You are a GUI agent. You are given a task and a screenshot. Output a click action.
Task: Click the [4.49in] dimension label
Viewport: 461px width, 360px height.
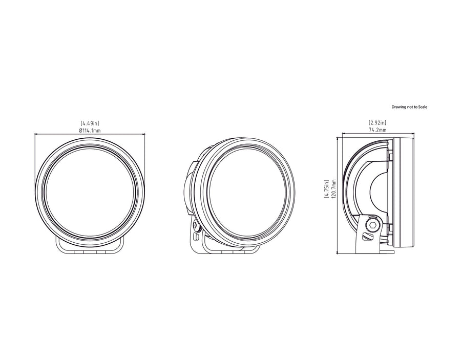pyautogui.click(x=90, y=123)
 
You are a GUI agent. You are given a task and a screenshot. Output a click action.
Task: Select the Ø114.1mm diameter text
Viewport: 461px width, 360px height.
pyautogui.click(x=90, y=131)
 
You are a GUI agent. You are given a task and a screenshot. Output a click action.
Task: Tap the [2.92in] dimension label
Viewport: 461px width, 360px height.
pyautogui.click(x=378, y=122)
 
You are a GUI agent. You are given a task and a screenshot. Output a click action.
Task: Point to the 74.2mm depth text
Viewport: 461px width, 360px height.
pyautogui.click(x=378, y=130)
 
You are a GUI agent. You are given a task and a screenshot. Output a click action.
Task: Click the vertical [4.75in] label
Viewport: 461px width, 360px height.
pyautogui.click(x=326, y=189)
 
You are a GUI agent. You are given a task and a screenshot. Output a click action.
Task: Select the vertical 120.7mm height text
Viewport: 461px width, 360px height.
pyautogui.click(x=333, y=189)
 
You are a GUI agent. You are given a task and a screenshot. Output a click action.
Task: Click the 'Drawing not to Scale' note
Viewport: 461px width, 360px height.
pyautogui.click(x=409, y=107)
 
